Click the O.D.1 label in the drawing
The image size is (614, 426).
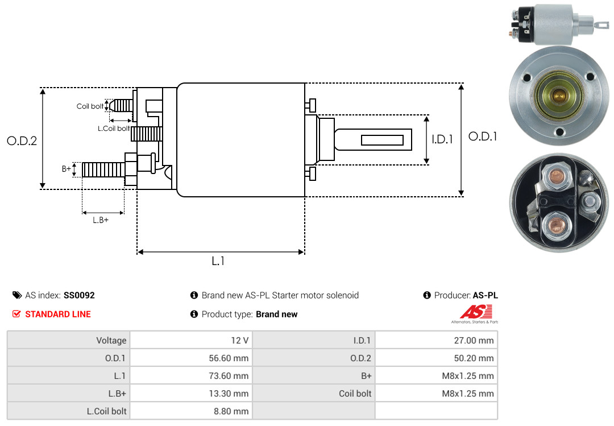(x=483, y=137)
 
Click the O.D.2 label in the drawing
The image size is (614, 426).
(x=22, y=140)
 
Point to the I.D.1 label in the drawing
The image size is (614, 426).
(x=442, y=139)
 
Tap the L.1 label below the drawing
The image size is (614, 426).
(x=218, y=261)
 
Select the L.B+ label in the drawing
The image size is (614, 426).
(x=101, y=220)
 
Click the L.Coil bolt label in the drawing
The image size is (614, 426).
(x=114, y=129)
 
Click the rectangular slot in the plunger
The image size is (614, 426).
(x=382, y=140)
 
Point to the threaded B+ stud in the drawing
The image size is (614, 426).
(x=103, y=169)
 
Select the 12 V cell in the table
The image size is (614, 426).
(x=238, y=341)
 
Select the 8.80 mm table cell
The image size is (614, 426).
(x=232, y=411)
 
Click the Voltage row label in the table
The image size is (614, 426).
(x=111, y=341)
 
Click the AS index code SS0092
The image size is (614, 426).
(x=79, y=296)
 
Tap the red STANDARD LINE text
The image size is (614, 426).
(x=57, y=314)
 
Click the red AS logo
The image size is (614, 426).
(x=476, y=312)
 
